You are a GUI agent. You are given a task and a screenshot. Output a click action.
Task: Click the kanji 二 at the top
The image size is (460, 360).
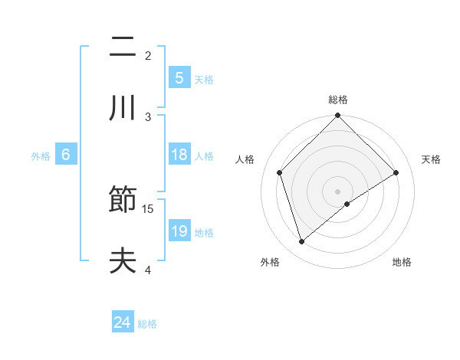(123, 50)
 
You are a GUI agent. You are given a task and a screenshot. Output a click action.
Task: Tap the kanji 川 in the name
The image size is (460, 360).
(123, 108)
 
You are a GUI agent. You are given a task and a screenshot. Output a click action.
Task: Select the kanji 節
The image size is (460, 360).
(123, 202)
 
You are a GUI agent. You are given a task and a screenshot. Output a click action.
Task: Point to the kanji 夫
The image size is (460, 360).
(123, 261)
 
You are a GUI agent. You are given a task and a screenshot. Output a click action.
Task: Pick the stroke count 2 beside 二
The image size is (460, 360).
(148, 56)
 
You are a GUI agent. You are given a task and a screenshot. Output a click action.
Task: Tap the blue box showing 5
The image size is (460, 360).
(179, 77)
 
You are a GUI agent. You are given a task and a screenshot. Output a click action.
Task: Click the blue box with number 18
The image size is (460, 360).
(179, 155)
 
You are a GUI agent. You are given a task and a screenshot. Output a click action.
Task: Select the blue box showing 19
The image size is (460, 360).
(179, 231)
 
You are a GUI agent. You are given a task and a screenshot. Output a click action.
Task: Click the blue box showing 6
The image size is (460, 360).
(66, 155)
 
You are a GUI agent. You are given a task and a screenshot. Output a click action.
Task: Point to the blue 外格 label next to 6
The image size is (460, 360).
(41, 155)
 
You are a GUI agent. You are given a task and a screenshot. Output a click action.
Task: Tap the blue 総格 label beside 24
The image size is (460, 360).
(147, 324)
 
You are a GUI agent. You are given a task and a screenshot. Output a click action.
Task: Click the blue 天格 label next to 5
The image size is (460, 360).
(204, 79)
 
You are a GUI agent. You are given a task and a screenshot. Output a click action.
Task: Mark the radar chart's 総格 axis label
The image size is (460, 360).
(338, 100)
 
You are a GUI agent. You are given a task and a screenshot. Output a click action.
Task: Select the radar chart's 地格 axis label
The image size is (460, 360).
(402, 262)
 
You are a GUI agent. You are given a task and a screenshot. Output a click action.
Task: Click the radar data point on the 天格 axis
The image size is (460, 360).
(396, 172)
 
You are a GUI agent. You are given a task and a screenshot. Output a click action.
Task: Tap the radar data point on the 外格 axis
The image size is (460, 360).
(302, 242)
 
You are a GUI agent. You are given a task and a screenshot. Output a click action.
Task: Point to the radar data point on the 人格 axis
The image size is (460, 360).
(280, 172)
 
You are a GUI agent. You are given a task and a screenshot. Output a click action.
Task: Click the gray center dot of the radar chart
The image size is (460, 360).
(338, 191)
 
